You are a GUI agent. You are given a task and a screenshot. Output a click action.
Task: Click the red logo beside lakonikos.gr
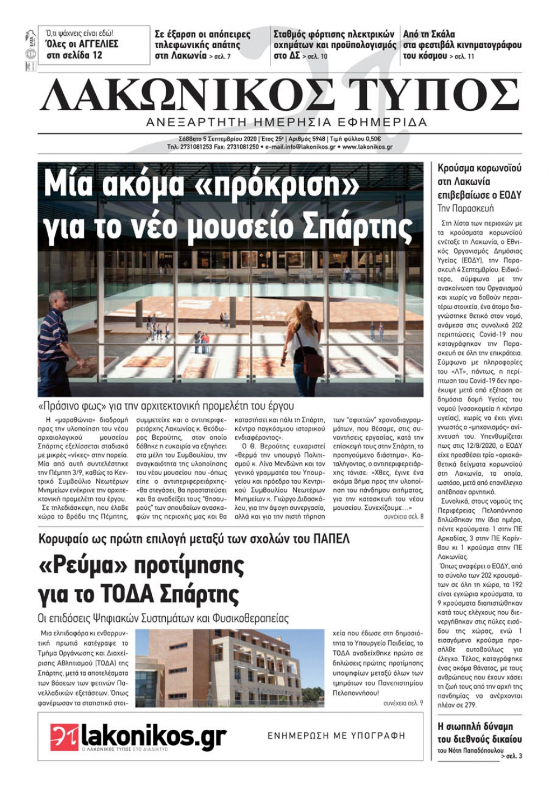coord(64,737)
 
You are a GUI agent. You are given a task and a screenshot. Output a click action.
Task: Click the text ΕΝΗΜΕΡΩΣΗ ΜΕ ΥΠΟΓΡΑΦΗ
coord(336,735)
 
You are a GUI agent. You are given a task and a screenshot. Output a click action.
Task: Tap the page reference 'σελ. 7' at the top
coord(220,57)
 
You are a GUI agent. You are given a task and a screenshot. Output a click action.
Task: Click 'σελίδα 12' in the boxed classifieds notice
coord(83,55)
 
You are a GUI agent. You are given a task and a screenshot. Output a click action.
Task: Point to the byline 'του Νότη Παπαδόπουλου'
coord(468,751)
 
